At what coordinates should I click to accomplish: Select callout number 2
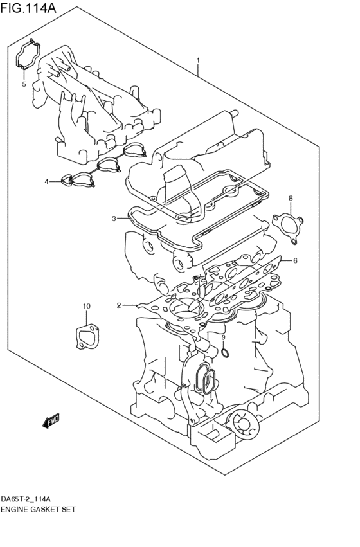click(119, 305)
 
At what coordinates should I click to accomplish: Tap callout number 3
click(113, 219)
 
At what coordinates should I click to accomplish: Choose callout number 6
click(295, 261)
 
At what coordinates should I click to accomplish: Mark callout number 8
click(290, 198)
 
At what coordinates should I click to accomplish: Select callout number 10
click(87, 306)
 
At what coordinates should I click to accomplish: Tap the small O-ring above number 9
click(224, 352)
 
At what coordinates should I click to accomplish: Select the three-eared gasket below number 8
click(286, 228)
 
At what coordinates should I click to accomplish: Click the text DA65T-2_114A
click(26, 499)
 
